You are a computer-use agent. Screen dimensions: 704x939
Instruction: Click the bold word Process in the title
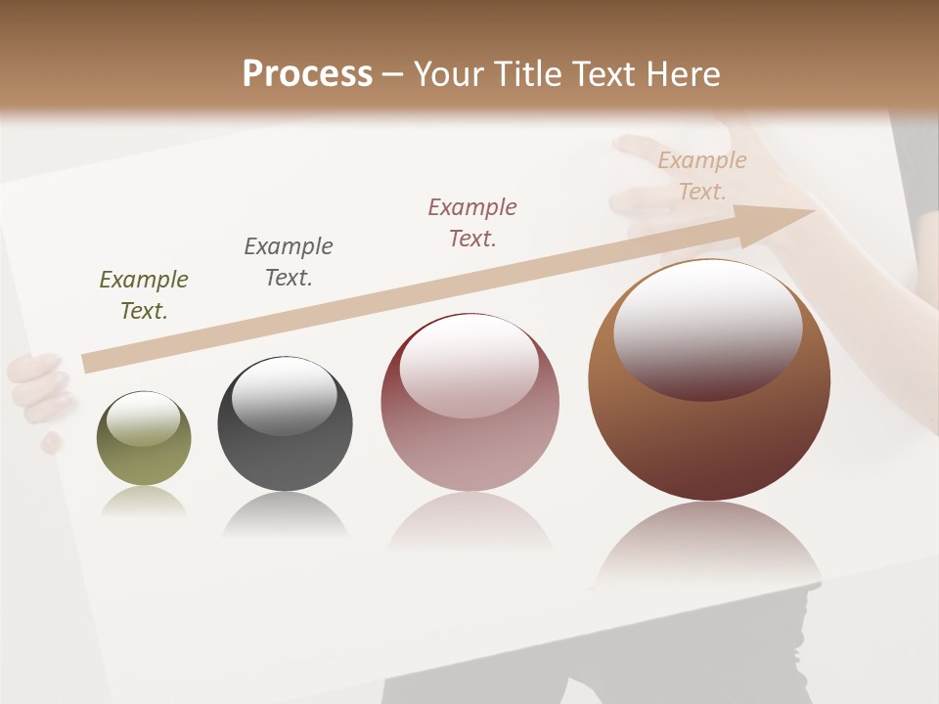(x=307, y=74)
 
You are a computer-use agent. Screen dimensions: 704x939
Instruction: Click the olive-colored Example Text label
(x=144, y=295)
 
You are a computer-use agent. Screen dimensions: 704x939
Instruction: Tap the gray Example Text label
(x=289, y=262)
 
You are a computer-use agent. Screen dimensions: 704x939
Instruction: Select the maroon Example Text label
(x=472, y=223)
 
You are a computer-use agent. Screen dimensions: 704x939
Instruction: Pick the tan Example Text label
(x=702, y=176)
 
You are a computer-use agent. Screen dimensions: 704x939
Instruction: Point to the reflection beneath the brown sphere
(x=709, y=548)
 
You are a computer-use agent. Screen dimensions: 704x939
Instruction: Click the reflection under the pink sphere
(x=469, y=523)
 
